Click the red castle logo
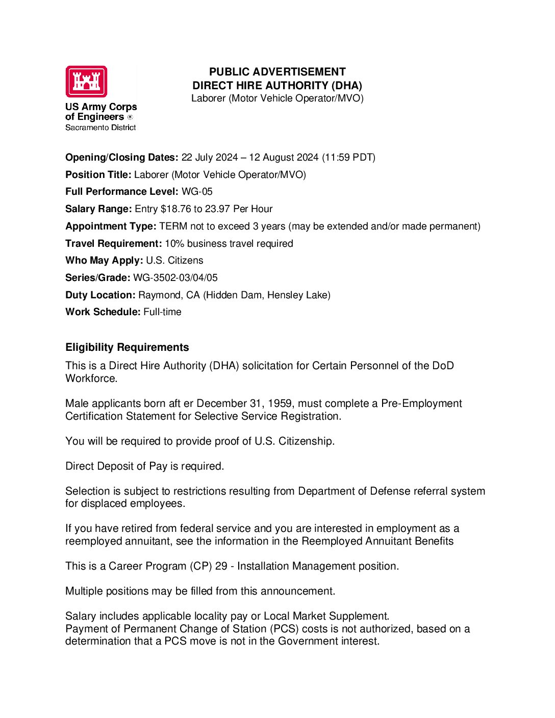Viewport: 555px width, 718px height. (86, 82)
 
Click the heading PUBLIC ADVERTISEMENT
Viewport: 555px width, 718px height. (277, 72)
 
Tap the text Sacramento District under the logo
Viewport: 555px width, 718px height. (100, 127)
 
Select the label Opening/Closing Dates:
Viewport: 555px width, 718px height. (122, 158)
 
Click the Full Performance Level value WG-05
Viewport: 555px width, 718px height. (197, 192)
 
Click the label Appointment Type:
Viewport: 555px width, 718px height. (111, 226)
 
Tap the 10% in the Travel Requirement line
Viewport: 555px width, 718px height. (174, 244)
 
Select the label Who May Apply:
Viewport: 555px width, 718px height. (104, 261)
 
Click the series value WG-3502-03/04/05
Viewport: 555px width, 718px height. (175, 278)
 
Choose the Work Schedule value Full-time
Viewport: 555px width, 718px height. (162, 312)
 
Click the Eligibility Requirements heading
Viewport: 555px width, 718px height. (127, 347)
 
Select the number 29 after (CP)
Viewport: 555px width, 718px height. (221, 566)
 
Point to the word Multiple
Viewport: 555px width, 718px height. (84, 591)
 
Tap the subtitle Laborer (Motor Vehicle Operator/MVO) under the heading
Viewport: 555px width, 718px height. (277, 98)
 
